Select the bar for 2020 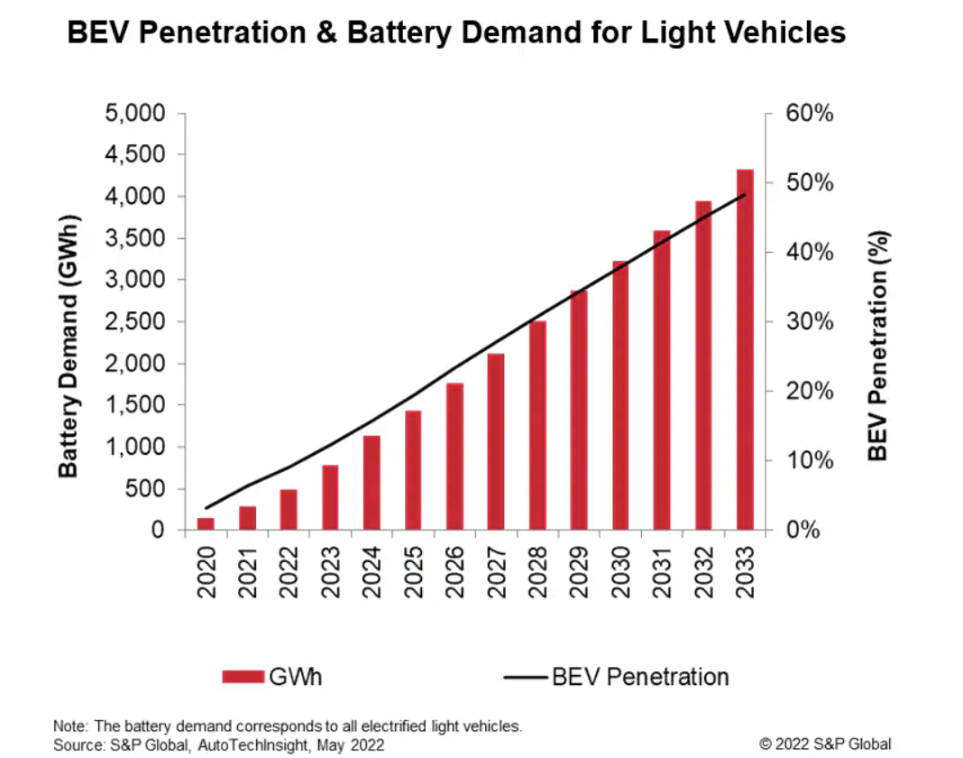pos(206,523)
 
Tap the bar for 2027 pos(496,441)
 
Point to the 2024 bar pos(371,483)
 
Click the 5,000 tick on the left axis pos(134,115)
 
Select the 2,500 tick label pos(134,322)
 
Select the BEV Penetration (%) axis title pos(879,347)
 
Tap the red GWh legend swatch pos(241,676)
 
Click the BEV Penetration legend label pos(639,676)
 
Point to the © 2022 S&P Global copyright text pos(825,744)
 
